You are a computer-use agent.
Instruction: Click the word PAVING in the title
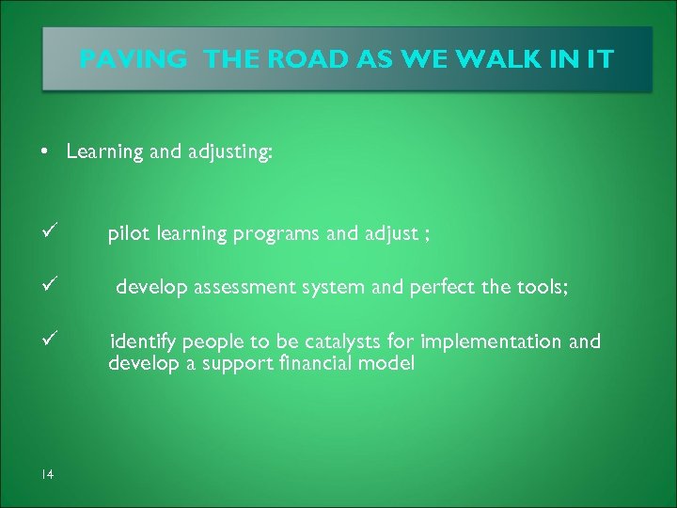point(134,59)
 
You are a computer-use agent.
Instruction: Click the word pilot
point(129,234)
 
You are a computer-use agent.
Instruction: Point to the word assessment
point(246,288)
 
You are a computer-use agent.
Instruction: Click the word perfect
point(442,288)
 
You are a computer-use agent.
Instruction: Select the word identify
point(143,341)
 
